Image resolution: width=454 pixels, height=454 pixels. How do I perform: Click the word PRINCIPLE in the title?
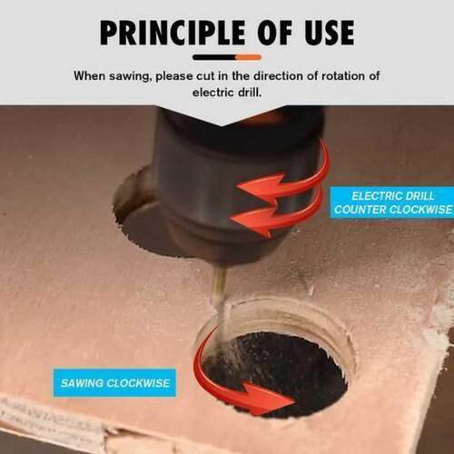coord(173,33)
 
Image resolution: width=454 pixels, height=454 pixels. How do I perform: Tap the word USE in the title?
coord(330,33)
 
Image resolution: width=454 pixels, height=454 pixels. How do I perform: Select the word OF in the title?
coord(275,33)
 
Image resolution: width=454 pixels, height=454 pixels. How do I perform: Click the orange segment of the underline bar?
coord(249,57)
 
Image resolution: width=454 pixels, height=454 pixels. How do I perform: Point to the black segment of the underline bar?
coord(214,57)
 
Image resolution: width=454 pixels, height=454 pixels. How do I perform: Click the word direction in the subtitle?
coord(278,75)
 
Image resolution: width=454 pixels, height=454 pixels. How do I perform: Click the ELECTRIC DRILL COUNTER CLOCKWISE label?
coord(392,202)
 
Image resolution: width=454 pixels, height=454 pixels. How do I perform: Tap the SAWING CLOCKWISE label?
coord(114,383)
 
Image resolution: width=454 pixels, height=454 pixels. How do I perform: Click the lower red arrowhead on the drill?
coord(252,221)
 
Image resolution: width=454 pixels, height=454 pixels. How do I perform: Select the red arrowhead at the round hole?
coord(270,398)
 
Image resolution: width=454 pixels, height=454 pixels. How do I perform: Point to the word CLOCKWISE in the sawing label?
coord(138,383)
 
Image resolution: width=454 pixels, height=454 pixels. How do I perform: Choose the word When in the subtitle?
coord(89,75)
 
